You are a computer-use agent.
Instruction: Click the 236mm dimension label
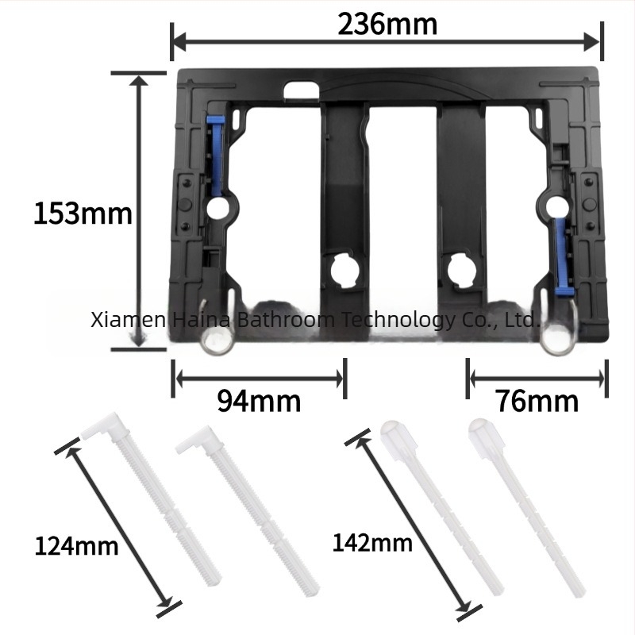[387, 25]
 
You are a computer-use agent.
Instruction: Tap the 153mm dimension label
[83, 214]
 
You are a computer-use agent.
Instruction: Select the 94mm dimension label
[259, 401]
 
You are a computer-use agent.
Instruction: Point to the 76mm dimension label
[537, 401]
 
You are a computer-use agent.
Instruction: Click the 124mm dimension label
[76, 546]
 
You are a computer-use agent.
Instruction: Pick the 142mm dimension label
[372, 543]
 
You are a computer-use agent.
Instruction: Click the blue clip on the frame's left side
[214, 155]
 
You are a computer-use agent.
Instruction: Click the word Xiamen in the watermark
[128, 320]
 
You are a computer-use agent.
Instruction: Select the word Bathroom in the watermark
[286, 320]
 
